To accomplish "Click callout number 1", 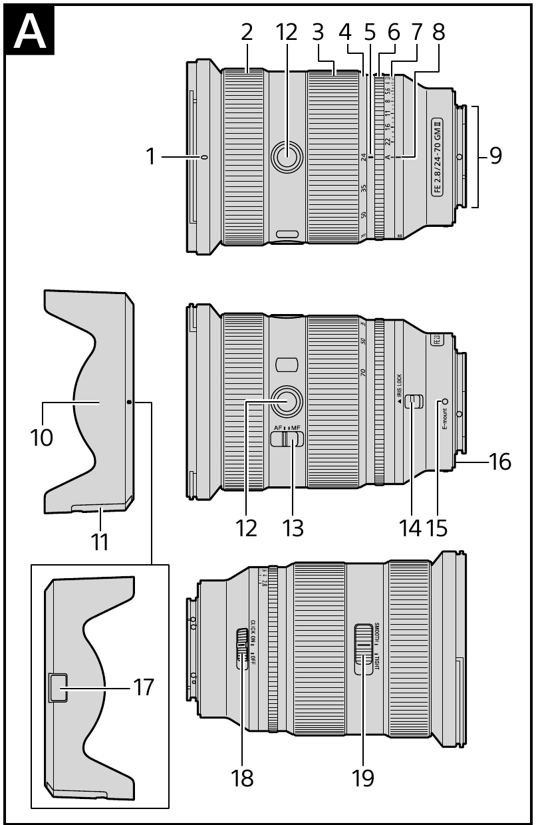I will pyautogui.click(x=151, y=157).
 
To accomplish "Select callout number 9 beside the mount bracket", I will pyautogui.click(x=495, y=156).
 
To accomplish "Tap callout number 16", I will pyautogui.click(x=500, y=461).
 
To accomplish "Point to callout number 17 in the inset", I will pyautogui.click(x=143, y=687).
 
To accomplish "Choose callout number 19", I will pyautogui.click(x=363, y=777).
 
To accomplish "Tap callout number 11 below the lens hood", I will pyautogui.click(x=99, y=541).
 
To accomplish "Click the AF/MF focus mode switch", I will pyautogui.click(x=287, y=438).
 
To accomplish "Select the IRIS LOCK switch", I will pyautogui.click(x=414, y=401).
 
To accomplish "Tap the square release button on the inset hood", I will pyautogui.click(x=58, y=687).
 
